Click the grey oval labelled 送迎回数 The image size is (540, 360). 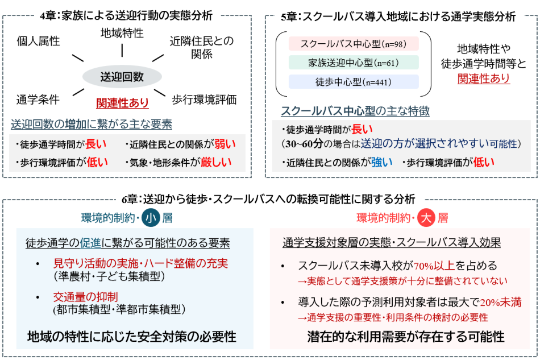(x=122, y=77)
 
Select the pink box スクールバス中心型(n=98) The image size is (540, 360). (x=353, y=44)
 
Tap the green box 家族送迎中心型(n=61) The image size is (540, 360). (x=353, y=63)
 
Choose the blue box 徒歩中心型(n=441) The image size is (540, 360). (x=353, y=81)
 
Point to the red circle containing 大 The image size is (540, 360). (x=425, y=218)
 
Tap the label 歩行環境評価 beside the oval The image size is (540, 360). (x=204, y=100)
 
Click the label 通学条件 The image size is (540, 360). (x=38, y=100)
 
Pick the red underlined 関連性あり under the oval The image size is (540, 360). (x=123, y=103)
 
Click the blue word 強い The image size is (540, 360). (x=382, y=162)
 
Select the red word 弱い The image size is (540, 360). (x=224, y=144)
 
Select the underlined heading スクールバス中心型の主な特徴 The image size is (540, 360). (x=355, y=111)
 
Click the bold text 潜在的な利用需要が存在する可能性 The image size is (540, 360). (x=406, y=337)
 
